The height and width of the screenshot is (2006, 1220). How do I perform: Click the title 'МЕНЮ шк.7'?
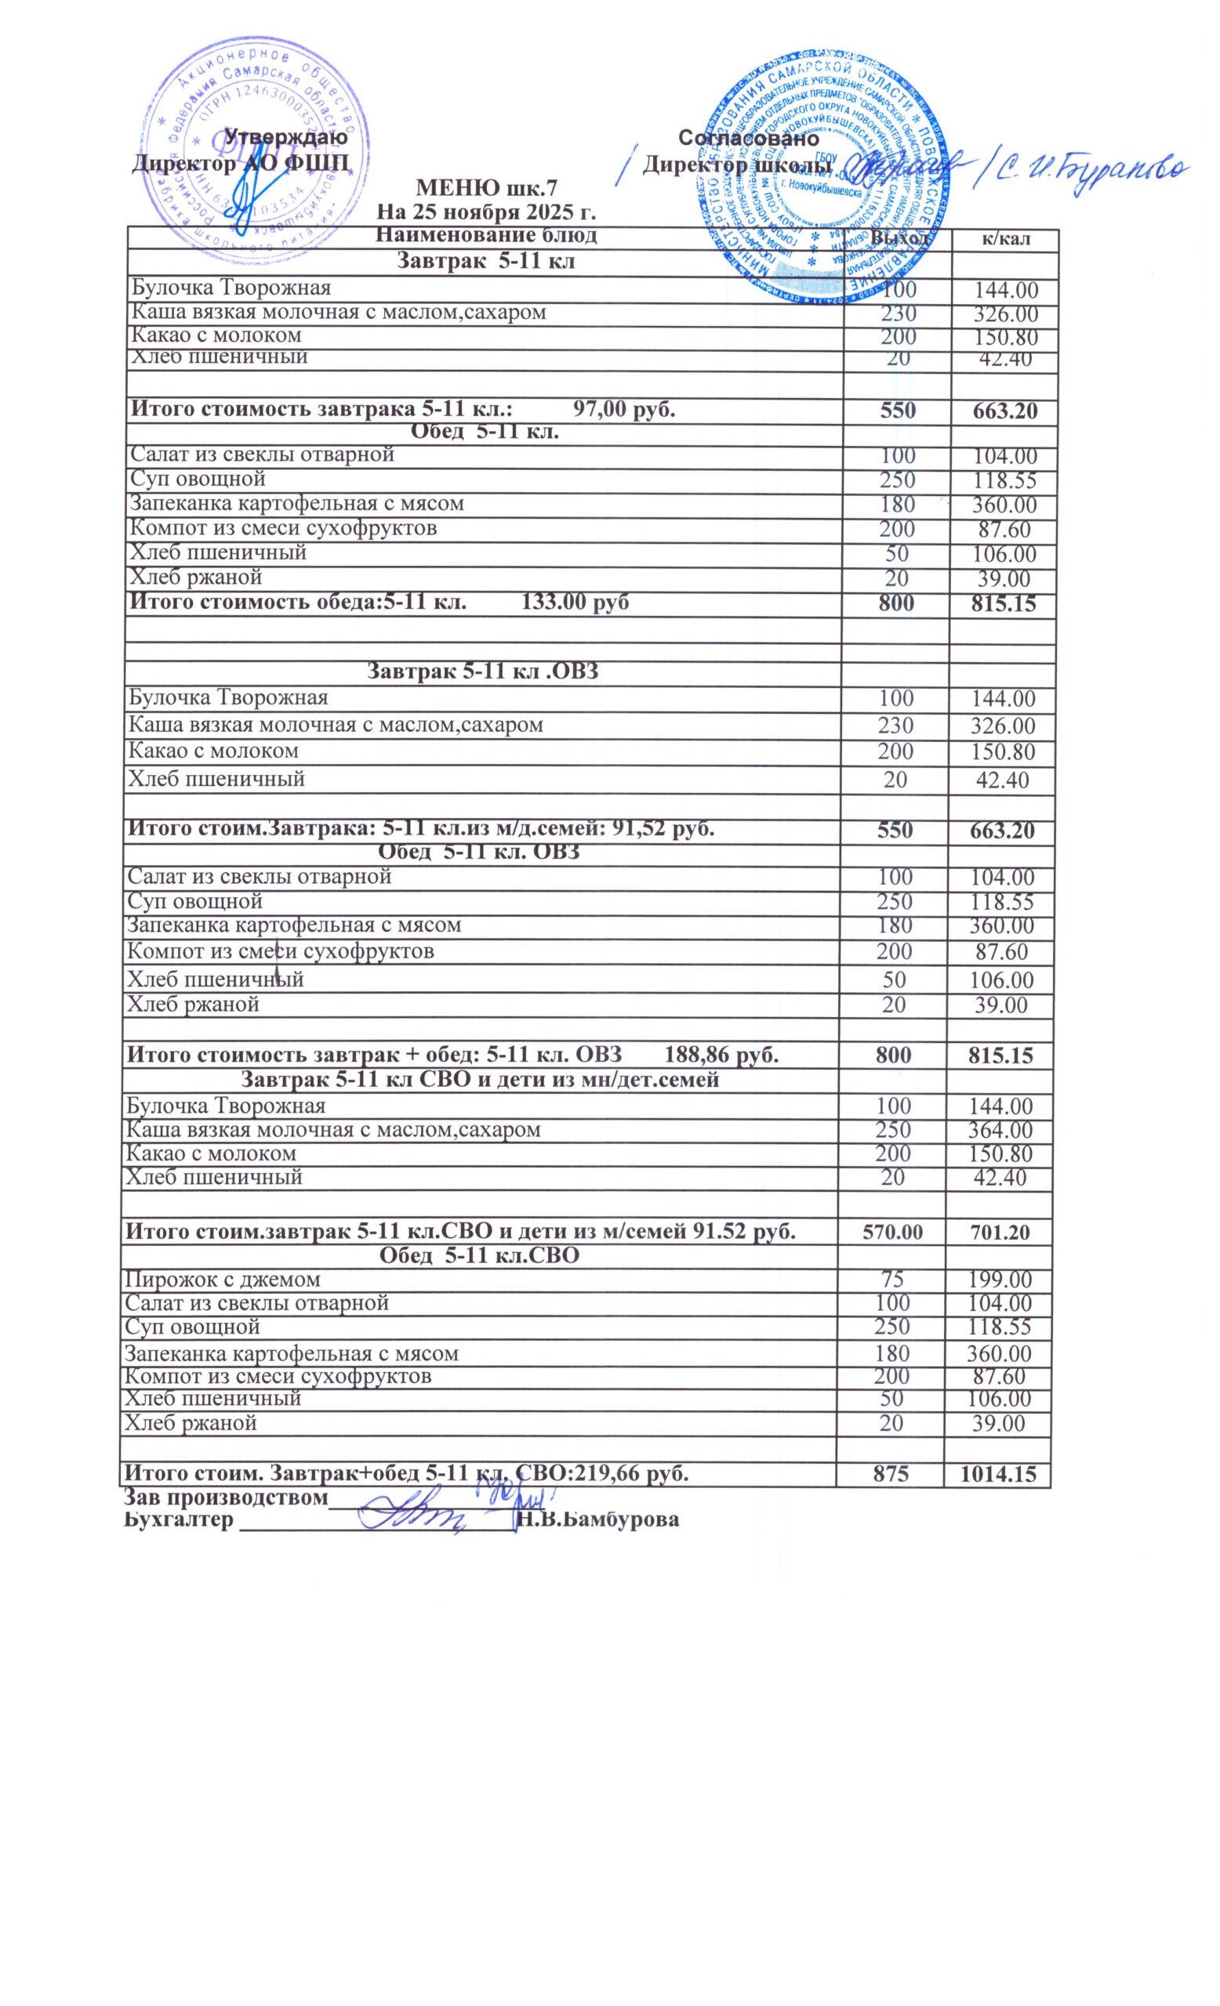tap(486, 188)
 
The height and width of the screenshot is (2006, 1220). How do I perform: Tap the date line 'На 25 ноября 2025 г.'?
tap(486, 212)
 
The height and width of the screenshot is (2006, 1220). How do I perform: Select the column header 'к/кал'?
tap(1005, 238)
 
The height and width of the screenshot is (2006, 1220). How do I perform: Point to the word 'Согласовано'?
tap(748, 137)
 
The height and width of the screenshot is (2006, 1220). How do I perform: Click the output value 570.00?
tap(891, 1232)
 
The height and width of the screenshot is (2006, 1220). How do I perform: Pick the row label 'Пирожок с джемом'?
tap(222, 1279)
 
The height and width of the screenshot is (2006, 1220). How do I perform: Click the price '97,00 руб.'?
tap(624, 409)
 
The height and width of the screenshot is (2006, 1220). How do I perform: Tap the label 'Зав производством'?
tap(225, 1497)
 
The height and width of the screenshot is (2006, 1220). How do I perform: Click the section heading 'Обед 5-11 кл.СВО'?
tap(480, 1255)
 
